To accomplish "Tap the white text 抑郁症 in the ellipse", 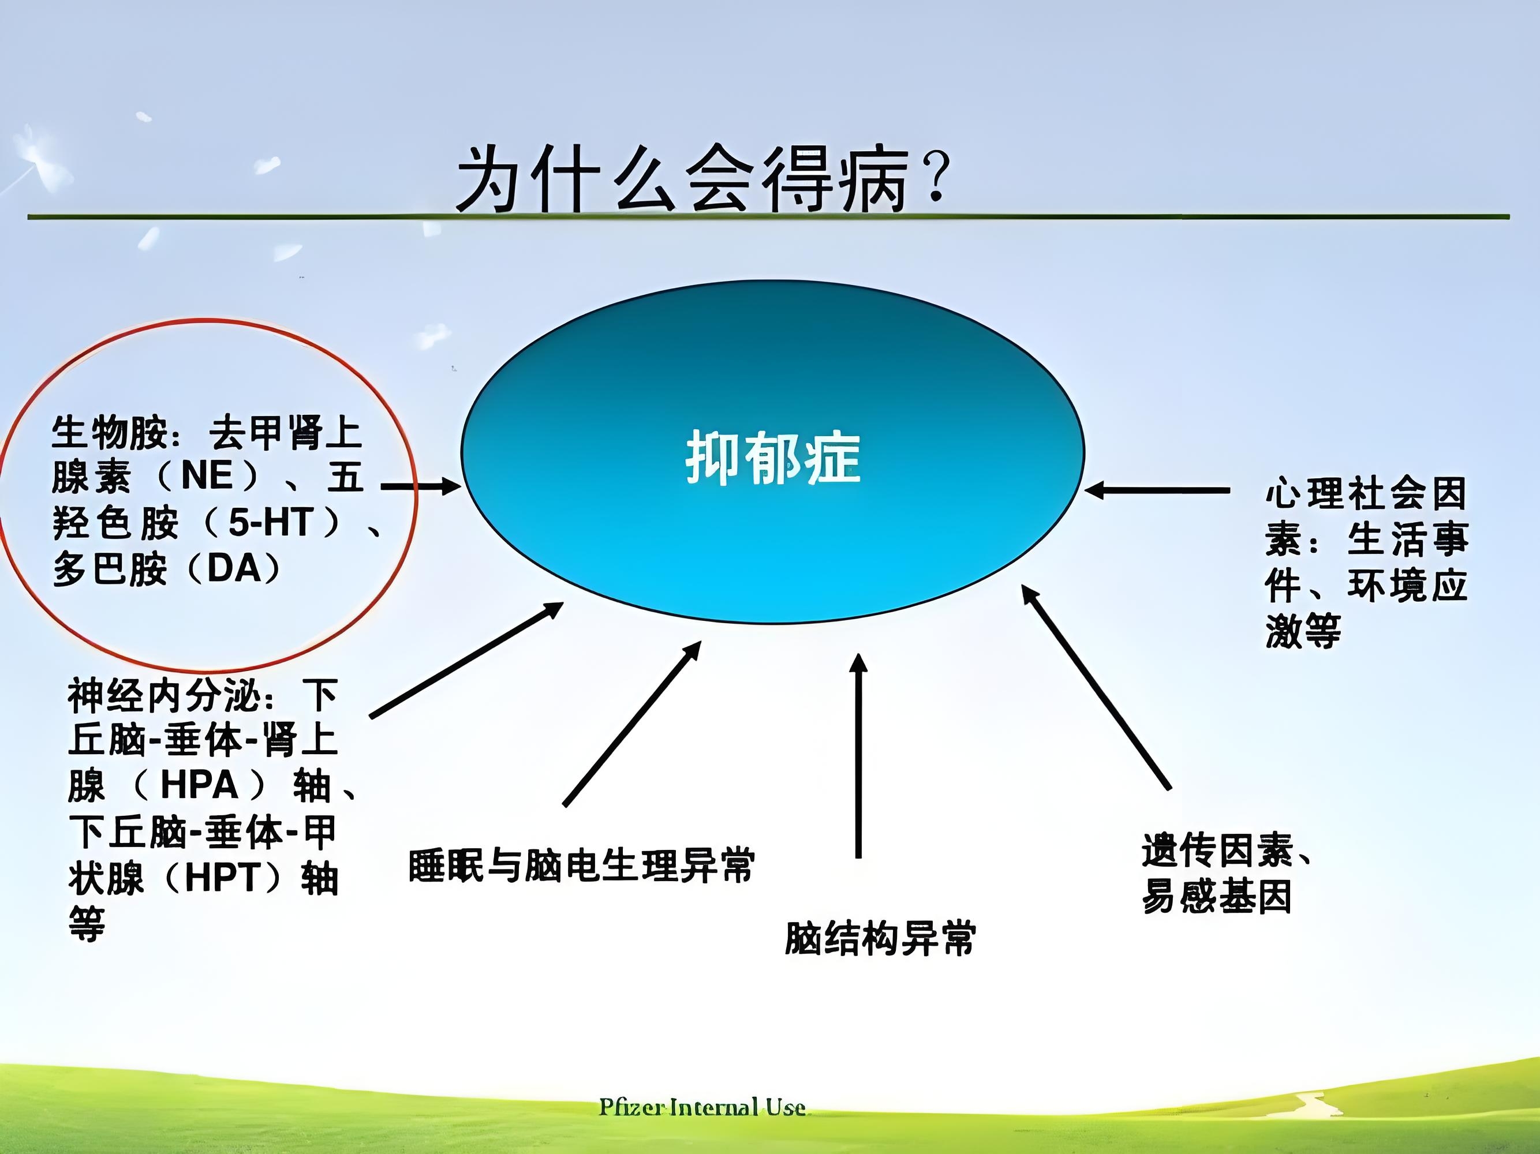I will click(773, 458).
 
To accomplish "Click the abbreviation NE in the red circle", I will click(207, 477).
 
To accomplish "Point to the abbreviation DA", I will click(233, 569).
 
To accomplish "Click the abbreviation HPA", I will click(200, 786).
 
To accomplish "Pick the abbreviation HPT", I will click(222, 878).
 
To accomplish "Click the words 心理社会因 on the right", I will click(1365, 493).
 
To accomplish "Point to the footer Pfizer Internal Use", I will click(702, 1107).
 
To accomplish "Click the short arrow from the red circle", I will click(421, 486).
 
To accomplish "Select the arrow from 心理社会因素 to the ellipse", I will click(1157, 490).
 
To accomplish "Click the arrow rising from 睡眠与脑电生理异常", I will click(631, 724).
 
